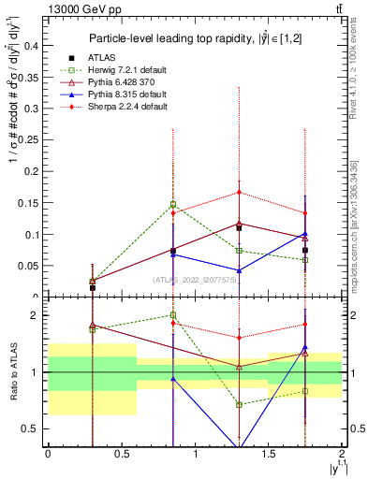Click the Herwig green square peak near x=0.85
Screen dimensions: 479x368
tap(173, 204)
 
